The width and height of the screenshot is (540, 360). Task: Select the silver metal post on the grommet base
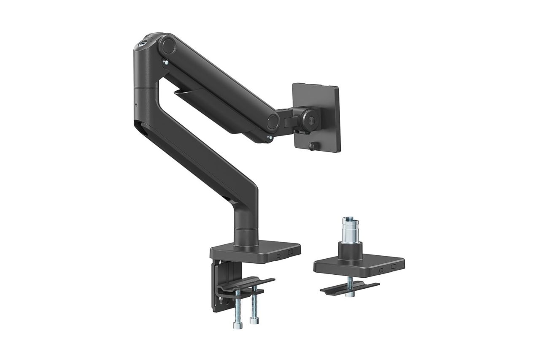point(348,230)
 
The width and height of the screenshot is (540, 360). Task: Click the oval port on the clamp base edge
point(278,255)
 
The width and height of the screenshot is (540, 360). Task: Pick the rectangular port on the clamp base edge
point(290,253)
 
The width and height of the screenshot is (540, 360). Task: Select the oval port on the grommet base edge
point(381,270)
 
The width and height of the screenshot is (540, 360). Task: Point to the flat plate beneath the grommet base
point(349,287)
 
